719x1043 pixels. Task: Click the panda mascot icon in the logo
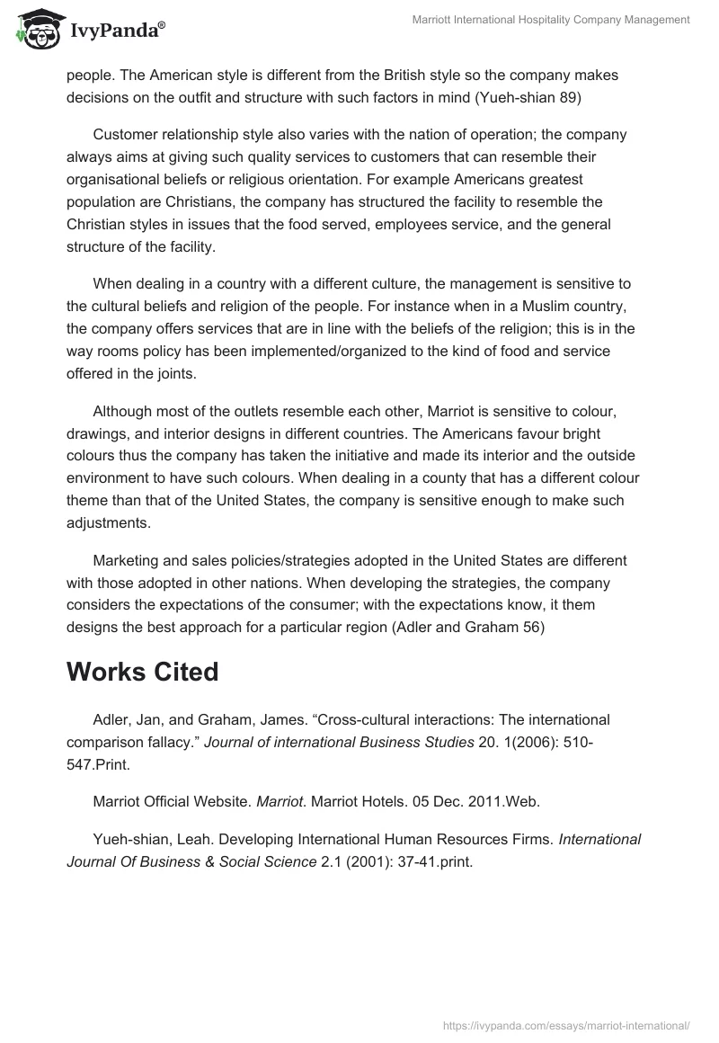(x=37, y=31)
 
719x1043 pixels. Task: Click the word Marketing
(x=127, y=561)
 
